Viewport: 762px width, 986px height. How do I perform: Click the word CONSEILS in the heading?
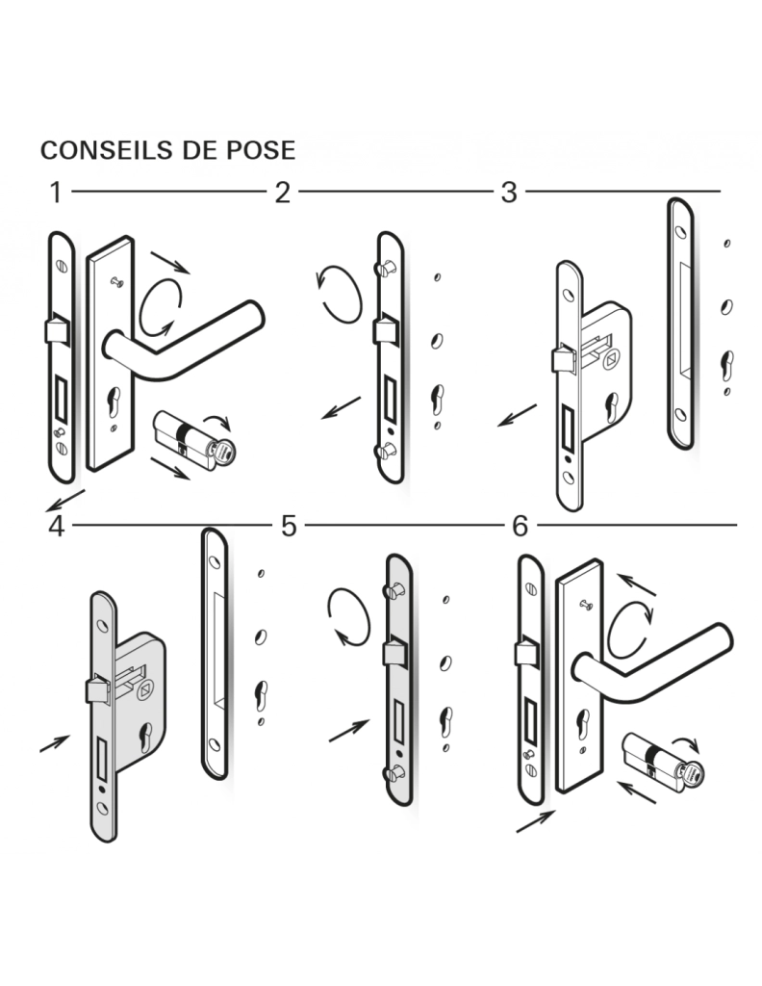(107, 150)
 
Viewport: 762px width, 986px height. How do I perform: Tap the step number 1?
(57, 193)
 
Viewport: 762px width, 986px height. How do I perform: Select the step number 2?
(283, 193)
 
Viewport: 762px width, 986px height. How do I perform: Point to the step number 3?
(509, 193)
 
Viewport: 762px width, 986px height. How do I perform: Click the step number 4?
(57, 527)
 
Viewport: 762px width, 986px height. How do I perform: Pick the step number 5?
(289, 527)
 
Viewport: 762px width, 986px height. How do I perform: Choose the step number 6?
(521, 527)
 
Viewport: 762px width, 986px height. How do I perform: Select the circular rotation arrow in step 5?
(348, 617)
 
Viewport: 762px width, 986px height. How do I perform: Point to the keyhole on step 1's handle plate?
(114, 402)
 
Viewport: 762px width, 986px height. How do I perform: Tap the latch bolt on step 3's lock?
(564, 360)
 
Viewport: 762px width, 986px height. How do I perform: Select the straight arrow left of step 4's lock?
(55, 743)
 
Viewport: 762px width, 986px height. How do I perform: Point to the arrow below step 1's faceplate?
(64, 500)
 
